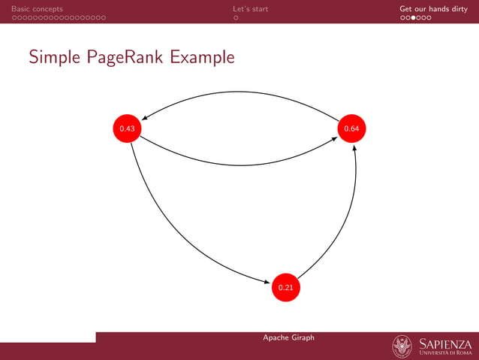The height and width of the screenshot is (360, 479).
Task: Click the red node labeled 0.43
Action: coord(127,129)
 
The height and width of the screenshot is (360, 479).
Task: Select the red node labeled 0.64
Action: coord(351,129)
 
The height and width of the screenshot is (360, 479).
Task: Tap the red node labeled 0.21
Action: coord(285,287)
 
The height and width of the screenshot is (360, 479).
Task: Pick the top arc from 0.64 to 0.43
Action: coord(240,92)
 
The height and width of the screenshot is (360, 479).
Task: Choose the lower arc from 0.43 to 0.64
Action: coord(240,163)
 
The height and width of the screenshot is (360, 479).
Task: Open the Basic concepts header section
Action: coord(37,9)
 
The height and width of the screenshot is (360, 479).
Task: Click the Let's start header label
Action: coord(250,9)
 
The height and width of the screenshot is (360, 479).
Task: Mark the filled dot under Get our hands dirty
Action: coord(414,18)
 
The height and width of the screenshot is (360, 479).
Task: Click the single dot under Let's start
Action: coord(236,18)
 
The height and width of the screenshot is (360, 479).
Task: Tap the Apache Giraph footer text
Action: coord(288,337)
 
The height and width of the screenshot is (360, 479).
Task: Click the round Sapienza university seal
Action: coord(402,346)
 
